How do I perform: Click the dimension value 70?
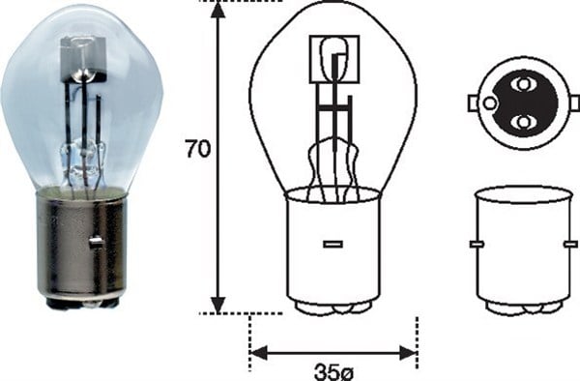click(x=197, y=150)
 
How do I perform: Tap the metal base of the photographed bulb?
click(x=81, y=247)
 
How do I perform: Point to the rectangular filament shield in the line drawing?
click(x=333, y=58)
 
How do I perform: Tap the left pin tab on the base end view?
click(x=473, y=103)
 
